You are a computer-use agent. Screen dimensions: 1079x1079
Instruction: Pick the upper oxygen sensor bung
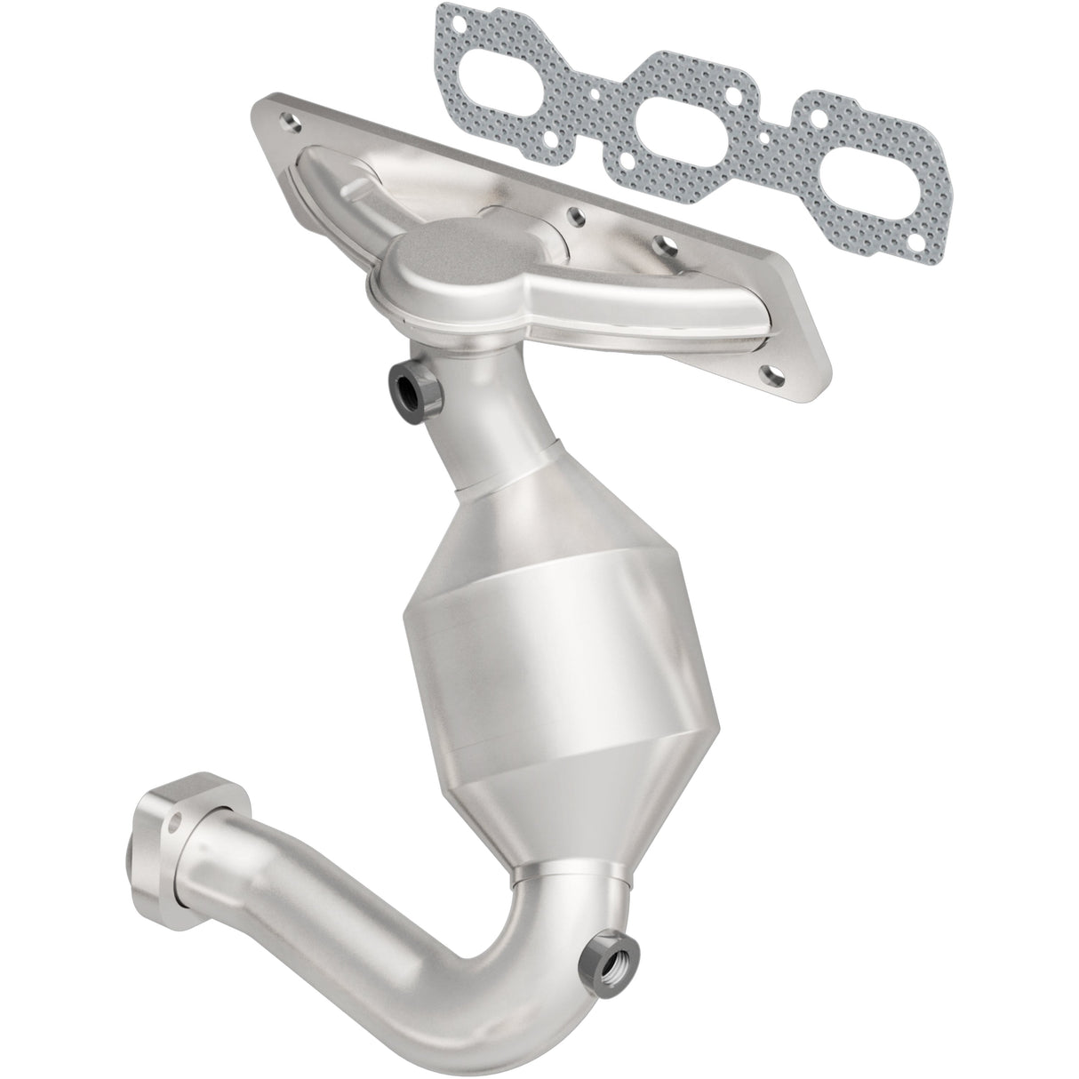410,387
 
